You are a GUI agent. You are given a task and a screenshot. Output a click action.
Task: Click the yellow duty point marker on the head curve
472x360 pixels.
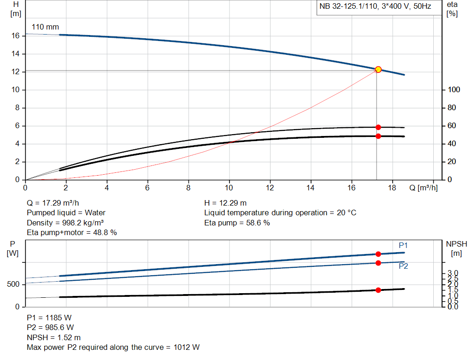[x=378, y=70]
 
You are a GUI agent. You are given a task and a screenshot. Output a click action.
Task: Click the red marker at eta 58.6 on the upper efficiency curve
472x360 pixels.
[x=378, y=127]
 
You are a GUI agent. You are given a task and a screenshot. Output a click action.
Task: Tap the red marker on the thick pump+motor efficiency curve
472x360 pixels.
[x=378, y=136]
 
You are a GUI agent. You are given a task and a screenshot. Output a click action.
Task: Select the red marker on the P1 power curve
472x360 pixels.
[x=378, y=254]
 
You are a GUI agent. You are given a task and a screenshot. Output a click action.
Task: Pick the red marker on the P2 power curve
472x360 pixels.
[x=378, y=263]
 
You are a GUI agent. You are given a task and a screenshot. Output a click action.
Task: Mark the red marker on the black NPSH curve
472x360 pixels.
[x=378, y=290]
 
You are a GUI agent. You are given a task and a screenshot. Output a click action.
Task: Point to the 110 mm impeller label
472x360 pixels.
[x=45, y=27]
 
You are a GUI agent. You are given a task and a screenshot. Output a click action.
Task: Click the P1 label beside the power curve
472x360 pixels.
[x=403, y=245]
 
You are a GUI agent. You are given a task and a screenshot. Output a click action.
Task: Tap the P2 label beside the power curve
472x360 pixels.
[x=403, y=266]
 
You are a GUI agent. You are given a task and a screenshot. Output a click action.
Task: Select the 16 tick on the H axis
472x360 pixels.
[x=15, y=35]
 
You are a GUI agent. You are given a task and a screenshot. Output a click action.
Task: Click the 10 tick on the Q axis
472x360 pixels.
[x=229, y=188]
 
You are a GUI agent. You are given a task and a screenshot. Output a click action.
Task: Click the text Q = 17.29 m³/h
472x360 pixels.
[x=56, y=203]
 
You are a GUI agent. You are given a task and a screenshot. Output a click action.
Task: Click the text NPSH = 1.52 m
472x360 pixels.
[x=53, y=337]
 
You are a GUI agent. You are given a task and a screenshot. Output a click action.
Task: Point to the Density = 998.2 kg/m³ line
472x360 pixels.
[x=65, y=223]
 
